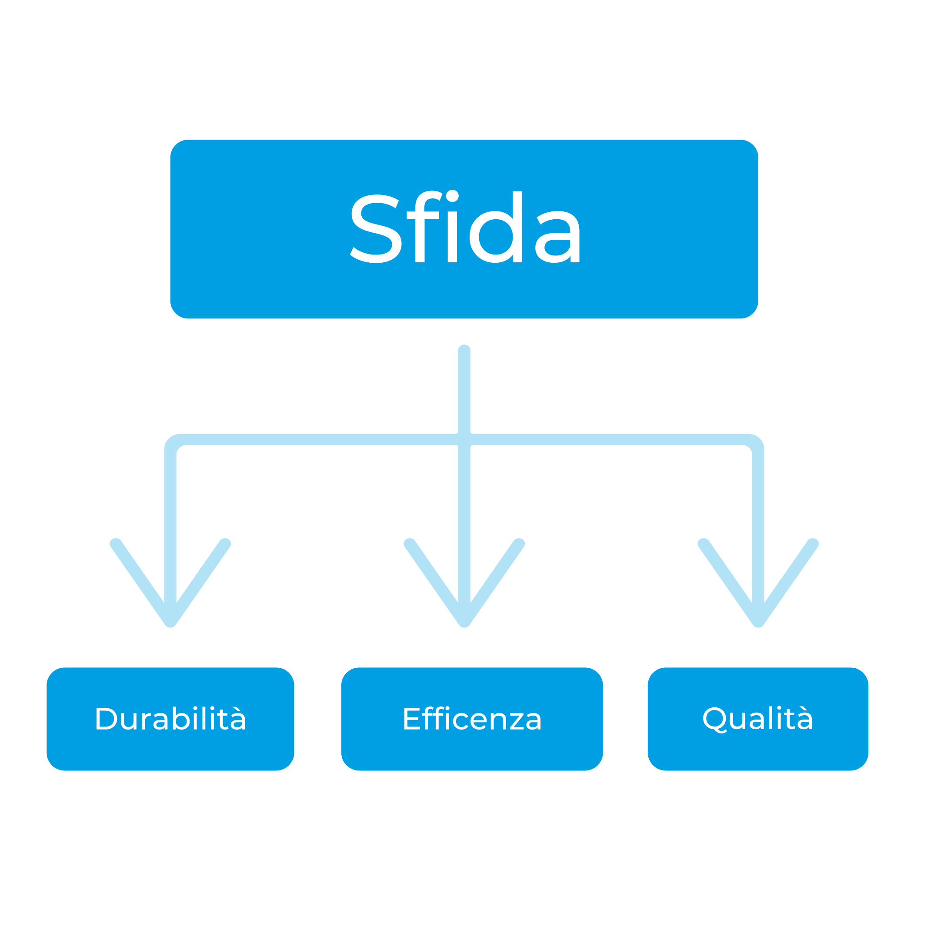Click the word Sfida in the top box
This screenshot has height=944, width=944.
tap(465, 226)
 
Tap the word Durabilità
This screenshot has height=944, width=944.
tap(170, 718)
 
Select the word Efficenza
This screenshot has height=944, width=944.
tap(473, 718)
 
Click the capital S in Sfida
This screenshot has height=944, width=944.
tap(376, 229)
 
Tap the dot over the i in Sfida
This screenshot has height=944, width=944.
tap(453, 196)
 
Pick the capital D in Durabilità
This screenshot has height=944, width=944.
tap(106, 719)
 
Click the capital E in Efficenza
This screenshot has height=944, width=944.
tap(412, 719)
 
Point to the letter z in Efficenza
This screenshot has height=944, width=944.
tap(517, 722)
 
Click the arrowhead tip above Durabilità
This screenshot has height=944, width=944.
tap(170, 626)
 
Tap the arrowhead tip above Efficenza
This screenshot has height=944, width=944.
tap(464, 626)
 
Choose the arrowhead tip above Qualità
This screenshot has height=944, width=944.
tap(758, 626)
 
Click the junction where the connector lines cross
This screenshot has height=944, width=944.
tap(464, 439)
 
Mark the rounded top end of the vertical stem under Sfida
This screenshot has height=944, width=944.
tap(464, 348)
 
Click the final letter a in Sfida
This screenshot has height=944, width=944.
tap(557, 237)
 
